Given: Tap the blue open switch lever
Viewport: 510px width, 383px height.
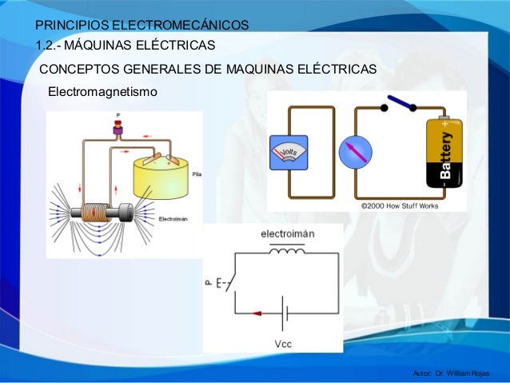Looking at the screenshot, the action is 400,103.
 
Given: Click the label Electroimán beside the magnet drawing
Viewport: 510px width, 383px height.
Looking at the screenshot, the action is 173,218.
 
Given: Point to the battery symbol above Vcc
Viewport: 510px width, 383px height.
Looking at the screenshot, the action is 283,314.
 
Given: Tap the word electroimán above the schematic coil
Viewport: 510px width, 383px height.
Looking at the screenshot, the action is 285,234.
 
